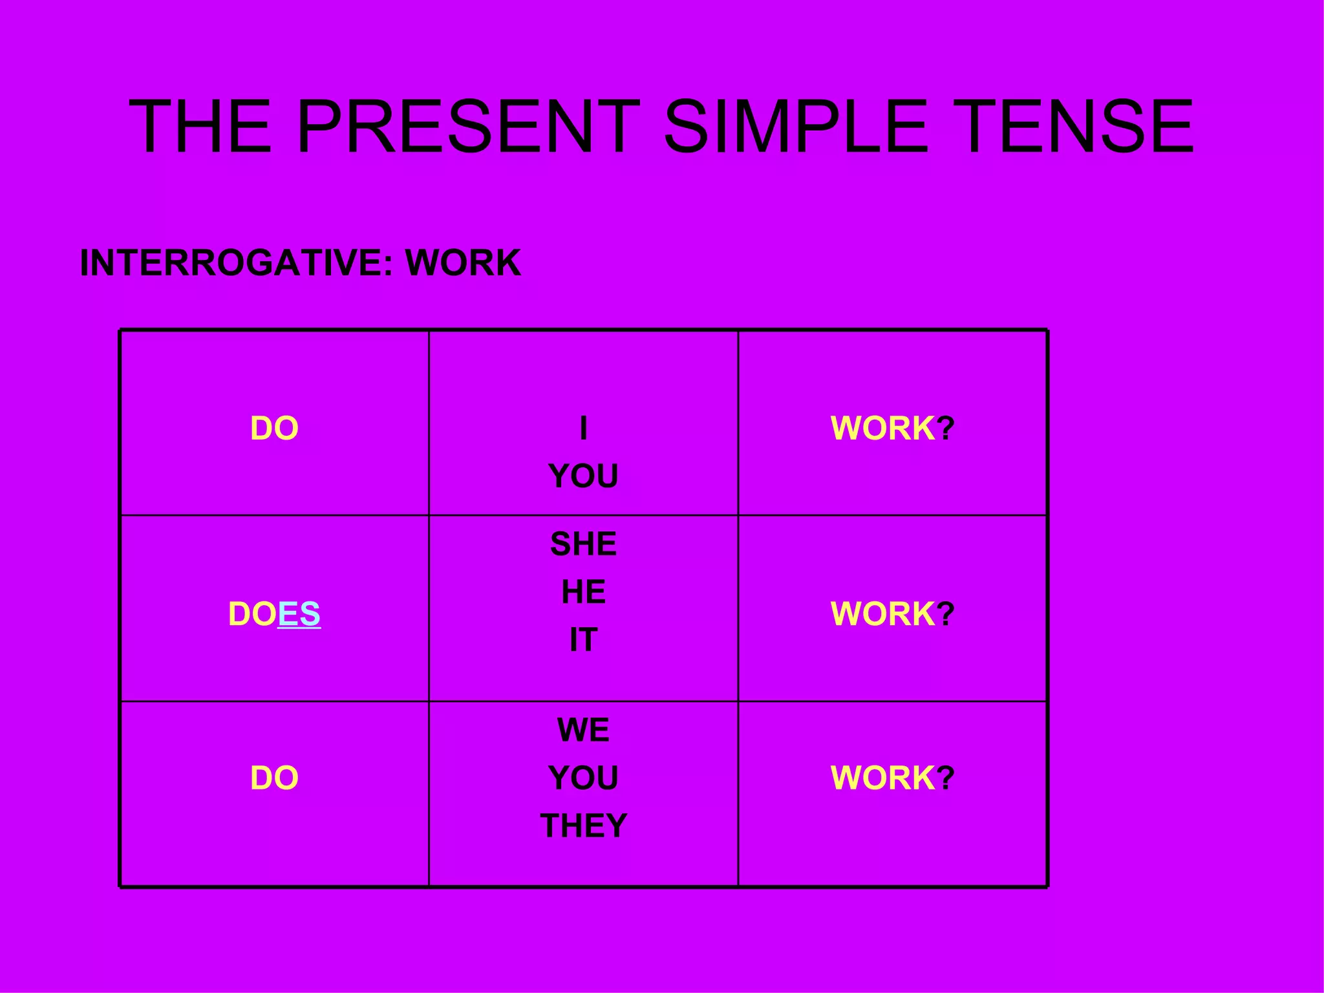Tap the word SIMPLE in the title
(x=795, y=127)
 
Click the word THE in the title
(x=200, y=127)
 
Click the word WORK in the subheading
(x=463, y=263)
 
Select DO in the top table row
(x=274, y=429)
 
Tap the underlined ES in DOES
(x=299, y=614)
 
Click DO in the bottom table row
(x=274, y=778)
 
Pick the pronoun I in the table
(x=583, y=429)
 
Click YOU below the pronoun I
(x=583, y=476)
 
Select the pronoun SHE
(x=583, y=544)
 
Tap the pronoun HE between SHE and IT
(x=583, y=592)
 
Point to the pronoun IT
(x=583, y=640)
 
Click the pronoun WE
(x=583, y=730)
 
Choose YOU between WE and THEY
(x=583, y=778)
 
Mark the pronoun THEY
(x=583, y=826)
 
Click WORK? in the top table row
(x=892, y=429)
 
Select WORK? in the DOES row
(x=892, y=614)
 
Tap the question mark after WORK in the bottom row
(x=946, y=778)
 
